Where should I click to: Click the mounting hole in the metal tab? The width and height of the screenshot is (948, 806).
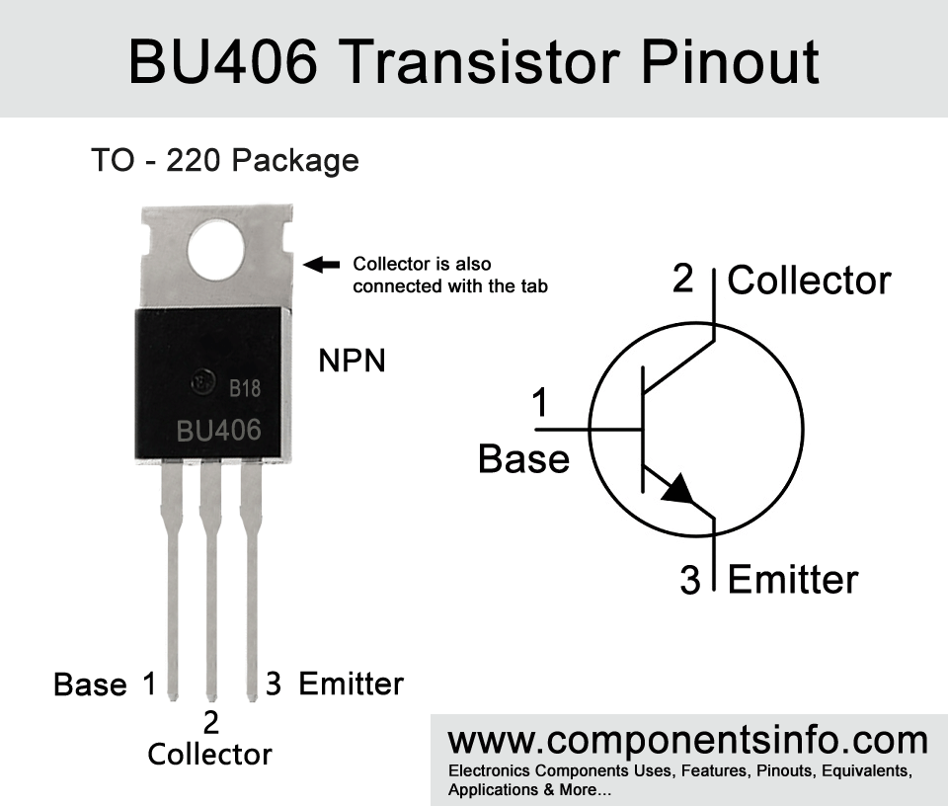216,250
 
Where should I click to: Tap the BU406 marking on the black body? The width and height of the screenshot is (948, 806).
219,431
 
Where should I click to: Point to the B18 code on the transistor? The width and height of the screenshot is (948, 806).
245,388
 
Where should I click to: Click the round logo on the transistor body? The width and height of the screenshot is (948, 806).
202,382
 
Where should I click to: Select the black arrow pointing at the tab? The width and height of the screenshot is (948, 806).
321,265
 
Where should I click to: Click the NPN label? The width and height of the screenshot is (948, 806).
352,361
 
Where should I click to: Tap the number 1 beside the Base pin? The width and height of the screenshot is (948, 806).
149,684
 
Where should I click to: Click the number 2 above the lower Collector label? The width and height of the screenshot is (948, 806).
210,722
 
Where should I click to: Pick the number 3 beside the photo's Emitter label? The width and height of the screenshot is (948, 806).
274,684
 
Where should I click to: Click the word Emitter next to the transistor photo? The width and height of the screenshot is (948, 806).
352,684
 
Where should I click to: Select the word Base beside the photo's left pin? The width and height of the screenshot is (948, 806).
90,685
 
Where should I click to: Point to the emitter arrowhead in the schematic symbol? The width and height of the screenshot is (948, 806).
679,489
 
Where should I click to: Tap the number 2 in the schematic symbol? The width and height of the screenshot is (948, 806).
682,279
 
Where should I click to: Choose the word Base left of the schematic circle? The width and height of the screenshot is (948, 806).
523,458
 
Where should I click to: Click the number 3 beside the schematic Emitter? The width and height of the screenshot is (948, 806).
690,579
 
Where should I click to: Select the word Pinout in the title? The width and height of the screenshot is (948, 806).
730,61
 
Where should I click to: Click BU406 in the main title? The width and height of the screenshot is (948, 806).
222,61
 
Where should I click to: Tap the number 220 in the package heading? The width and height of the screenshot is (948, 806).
195,160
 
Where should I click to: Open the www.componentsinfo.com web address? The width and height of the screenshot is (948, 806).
688,741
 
